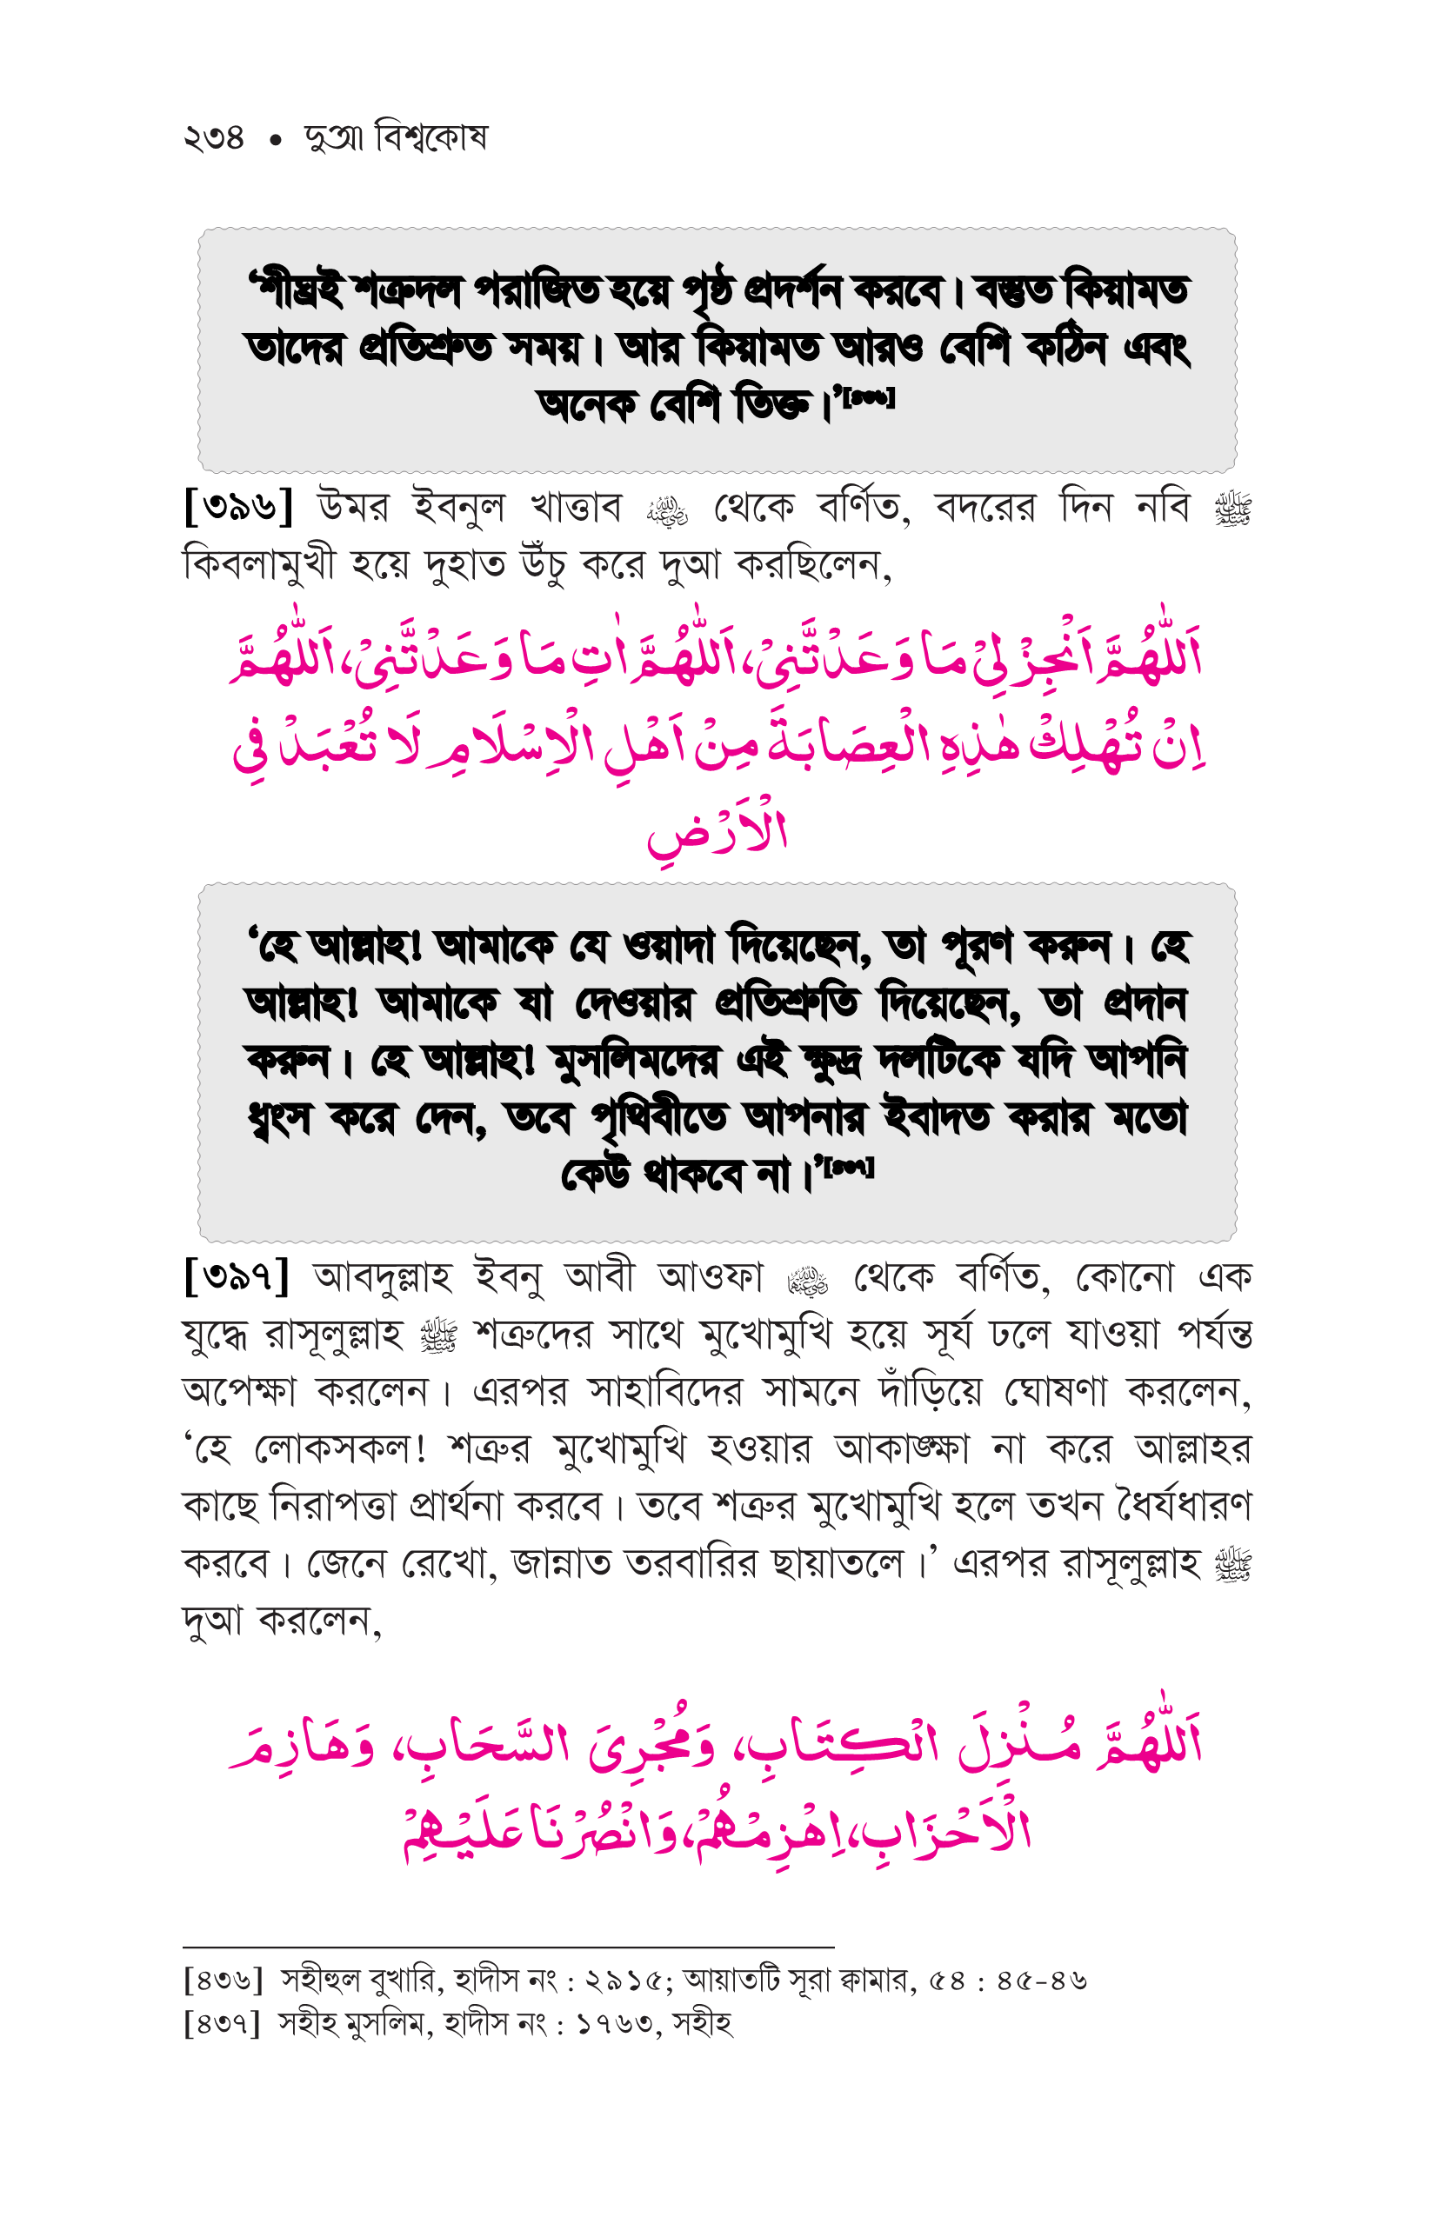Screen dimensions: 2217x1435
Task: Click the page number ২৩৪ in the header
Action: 213,139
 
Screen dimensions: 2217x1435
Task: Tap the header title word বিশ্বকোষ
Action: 430,137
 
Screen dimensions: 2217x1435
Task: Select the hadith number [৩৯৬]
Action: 238,507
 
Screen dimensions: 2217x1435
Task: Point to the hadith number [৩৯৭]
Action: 237,1275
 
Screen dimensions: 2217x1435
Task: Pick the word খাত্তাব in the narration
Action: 575,508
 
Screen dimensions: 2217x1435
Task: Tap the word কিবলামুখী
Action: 258,564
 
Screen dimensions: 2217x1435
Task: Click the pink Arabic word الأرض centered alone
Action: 717,832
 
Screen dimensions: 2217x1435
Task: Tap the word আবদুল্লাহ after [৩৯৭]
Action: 383,1276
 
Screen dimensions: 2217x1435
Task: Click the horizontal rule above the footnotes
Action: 508,1946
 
